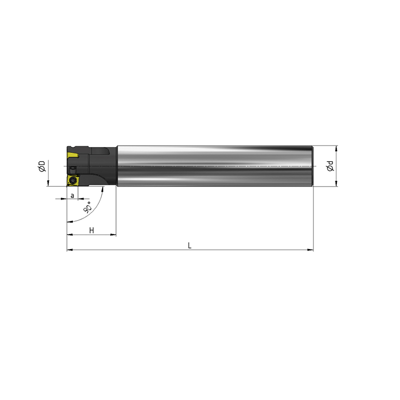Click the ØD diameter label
[42, 166]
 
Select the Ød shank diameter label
[330, 166]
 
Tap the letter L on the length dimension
[189, 245]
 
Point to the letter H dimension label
[91, 230]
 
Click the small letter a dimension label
[72, 195]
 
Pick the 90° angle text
[88, 207]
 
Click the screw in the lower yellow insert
[73, 180]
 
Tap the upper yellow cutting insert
[72, 155]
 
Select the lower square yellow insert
[73, 180]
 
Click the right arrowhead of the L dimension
[310, 249]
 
